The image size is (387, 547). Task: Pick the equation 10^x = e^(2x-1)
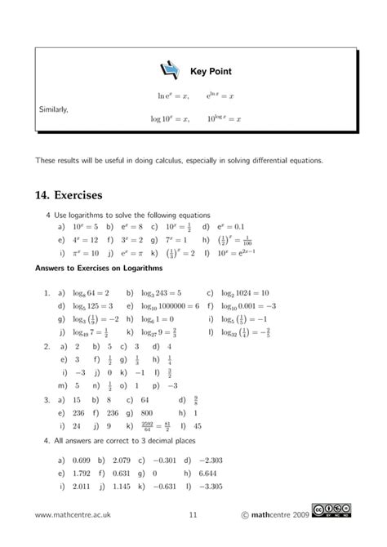coord(238,254)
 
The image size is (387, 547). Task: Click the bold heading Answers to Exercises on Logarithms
coord(99,269)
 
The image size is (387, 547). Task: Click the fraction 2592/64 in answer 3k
coord(149,425)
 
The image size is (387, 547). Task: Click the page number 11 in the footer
coord(193,536)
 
